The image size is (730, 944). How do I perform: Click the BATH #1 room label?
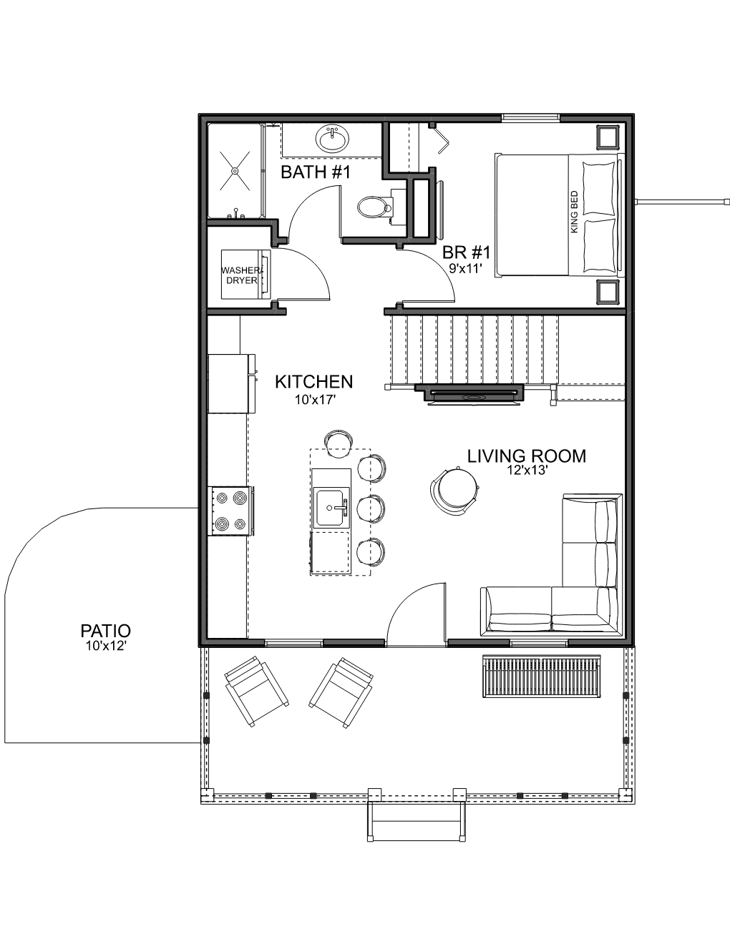click(x=315, y=172)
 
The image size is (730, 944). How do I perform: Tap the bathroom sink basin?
click(x=334, y=139)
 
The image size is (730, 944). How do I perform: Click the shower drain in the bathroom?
click(x=235, y=171)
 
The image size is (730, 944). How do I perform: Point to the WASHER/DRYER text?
click(x=242, y=275)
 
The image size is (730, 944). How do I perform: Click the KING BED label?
click(x=575, y=212)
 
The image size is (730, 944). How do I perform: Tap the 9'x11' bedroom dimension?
click(x=466, y=269)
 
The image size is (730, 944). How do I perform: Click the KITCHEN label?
click(x=314, y=382)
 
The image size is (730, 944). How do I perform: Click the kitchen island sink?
click(x=331, y=508)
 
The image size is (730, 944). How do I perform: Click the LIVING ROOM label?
click(x=527, y=456)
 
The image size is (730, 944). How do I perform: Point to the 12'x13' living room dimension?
click(x=527, y=471)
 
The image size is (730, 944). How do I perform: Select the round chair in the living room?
click(x=454, y=488)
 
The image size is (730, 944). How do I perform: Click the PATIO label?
click(x=106, y=631)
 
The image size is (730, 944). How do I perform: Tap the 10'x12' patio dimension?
click(x=106, y=646)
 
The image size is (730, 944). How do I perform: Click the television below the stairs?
click(x=474, y=396)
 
